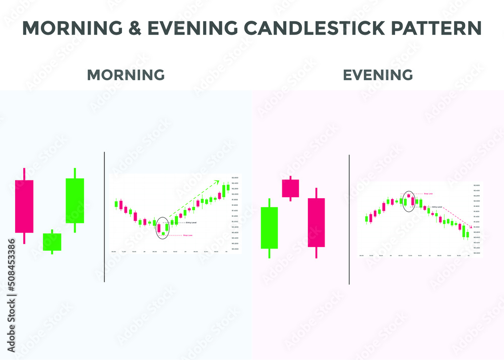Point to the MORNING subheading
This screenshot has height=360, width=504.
(x=126, y=75)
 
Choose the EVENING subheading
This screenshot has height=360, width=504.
(x=378, y=75)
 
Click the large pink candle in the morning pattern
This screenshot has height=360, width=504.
(x=24, y=206)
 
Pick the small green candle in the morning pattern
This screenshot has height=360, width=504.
(x=52, y=242)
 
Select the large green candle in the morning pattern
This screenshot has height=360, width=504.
(x=75, y=200)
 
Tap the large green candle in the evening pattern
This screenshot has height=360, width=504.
(x=269, y=227)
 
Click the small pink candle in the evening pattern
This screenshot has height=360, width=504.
(x=290, y=188)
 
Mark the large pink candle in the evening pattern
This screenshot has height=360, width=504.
(x=316, y=222)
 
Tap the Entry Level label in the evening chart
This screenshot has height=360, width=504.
(x=437, y=207)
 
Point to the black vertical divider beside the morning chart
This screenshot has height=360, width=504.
(x=104, y=217)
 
